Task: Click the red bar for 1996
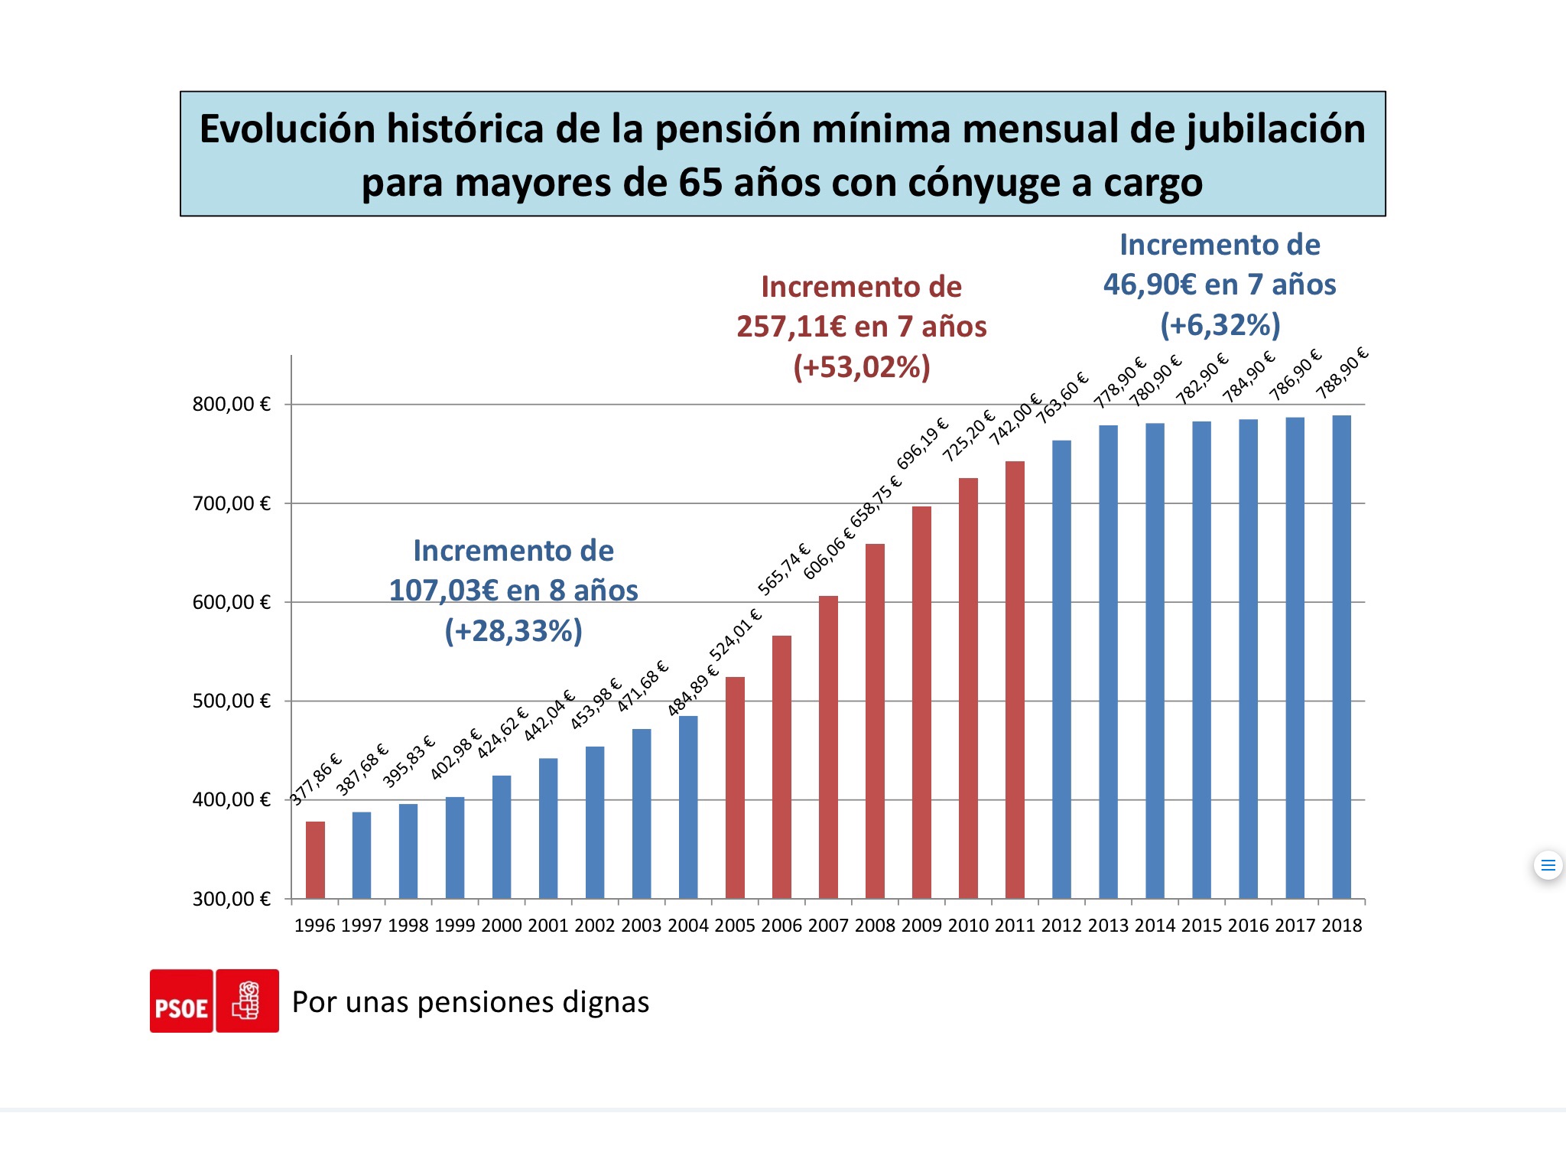pyautogui.click(x=315, y=860)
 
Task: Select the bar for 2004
pyautogui.click(x=688, y=807)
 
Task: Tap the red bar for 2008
pyautogui.click(x=875, y=721)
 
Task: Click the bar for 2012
pyautogui.click(x=1061, y=669)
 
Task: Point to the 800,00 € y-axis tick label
pyautogui.click(x=232, y=404)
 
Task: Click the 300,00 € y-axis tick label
pyautogui.click(x=232, y=899)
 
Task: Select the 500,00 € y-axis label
pyautogui.click(x=232, y=701)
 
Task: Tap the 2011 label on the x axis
pyautogui.click(x=1015, y=926)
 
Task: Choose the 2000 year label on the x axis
pyautogui.click(x=502, y=926)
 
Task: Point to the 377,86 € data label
pyautogui.click(x=316, y=779)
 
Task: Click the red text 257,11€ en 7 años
pyautogui.click(x=861, y=327)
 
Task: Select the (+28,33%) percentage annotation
pyautogui.click(x=513, y=631)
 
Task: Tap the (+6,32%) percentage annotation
pyautogui.click(x=1220, y=324)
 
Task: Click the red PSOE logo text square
pyautogui.click(x=181, y=1001)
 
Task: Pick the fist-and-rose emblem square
pyautogui.click(x=247, y=1001)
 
